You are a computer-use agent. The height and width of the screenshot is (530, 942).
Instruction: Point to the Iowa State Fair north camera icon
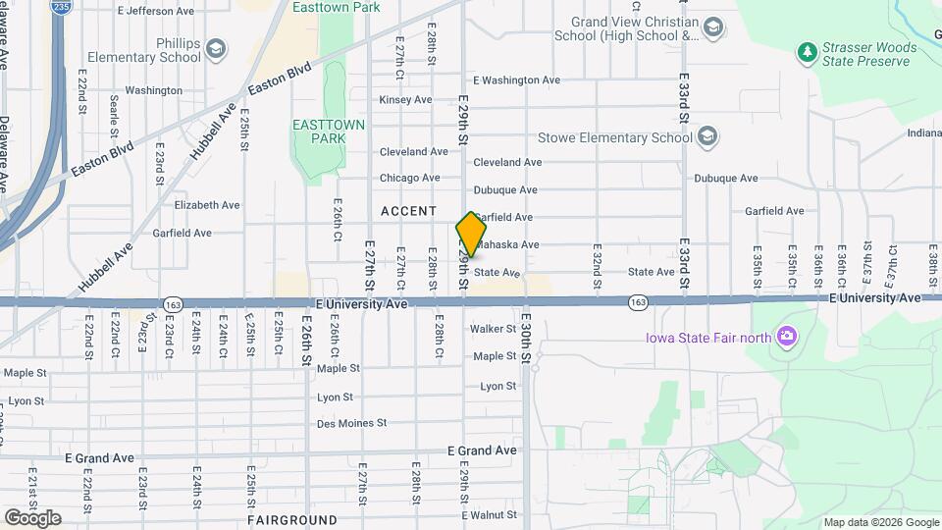pos(785,338)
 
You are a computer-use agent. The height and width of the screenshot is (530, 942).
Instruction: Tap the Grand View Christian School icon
pos(713,27)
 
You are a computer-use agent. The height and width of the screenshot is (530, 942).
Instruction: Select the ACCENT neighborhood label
pos(408,211)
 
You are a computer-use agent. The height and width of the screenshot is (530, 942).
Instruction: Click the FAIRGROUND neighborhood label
pos(292,519)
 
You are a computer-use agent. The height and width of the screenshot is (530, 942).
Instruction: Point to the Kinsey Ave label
pos(405,100)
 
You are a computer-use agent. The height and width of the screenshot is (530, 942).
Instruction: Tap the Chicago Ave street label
pos(409,178)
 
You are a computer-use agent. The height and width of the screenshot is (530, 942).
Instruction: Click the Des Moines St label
pos(351,423)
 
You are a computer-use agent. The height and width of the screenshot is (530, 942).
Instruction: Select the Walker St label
pos(493,329)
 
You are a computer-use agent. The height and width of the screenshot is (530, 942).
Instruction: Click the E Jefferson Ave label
pos(155,12)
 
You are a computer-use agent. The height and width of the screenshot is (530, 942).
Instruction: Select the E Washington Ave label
pos(516,80)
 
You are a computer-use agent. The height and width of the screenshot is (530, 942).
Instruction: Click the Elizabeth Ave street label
pos(206,205)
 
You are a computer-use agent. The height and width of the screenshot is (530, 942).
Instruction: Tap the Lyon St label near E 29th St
pos(498,386)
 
